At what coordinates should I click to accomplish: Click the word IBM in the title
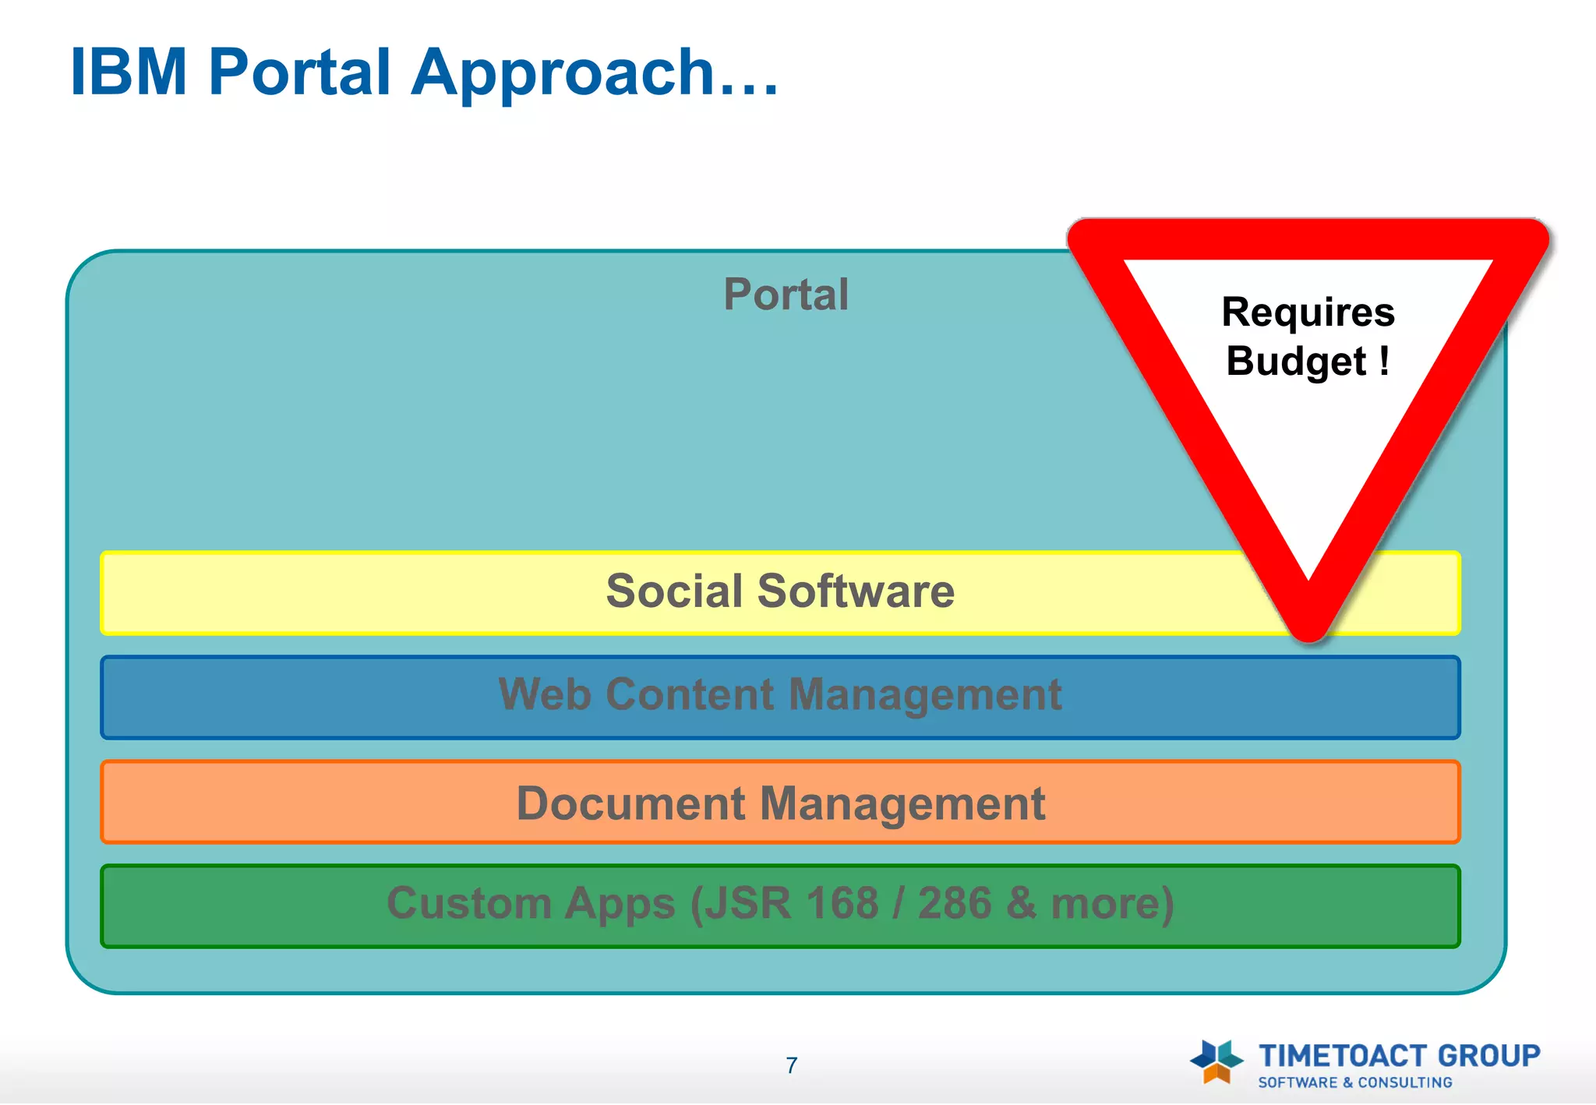click(x=129, y=72)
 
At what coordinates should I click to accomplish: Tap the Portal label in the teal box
click(x=786, y=295)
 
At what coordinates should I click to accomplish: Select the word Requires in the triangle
click(x=1308, y=312)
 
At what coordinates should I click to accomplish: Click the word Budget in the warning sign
click(x=1295, y=362)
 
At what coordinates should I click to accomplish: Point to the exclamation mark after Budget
click(x=1384, y=361)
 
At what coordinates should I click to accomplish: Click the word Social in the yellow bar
click(x=675, y=591)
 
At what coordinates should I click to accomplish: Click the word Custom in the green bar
click(x=468, y=903)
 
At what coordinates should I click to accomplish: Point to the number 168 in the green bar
click(x=842, y=903)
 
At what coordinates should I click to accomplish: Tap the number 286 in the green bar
click(x=954, y=903)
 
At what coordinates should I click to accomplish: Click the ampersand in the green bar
click(x=1021, y=903)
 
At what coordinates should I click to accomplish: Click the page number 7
click(x=792, y=1065)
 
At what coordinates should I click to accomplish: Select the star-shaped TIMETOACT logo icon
click(x=1216, y=1061)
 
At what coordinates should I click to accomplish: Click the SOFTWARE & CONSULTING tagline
click(x=1355, y=1082)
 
